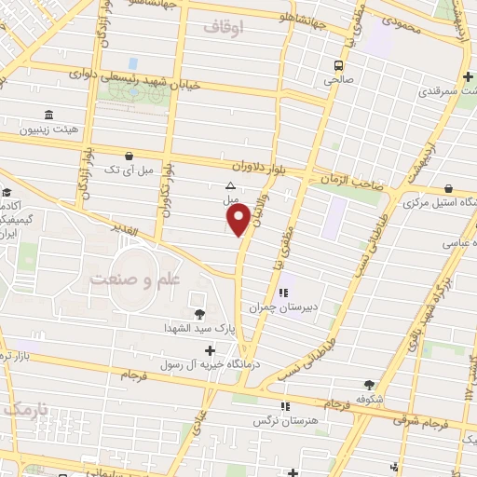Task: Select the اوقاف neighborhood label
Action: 223,28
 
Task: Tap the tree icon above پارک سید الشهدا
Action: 198,313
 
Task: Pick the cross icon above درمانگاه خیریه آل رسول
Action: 211,351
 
